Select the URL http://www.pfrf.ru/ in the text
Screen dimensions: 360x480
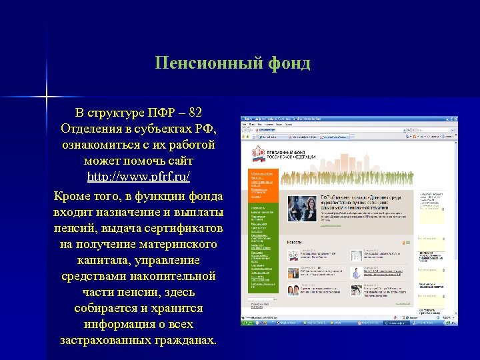point(139,177)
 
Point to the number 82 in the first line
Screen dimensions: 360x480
point(195,112)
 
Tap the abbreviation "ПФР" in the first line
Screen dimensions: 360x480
point(160,112)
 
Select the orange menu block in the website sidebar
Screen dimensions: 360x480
point(261,186)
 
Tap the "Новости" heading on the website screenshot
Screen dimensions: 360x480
point(293,242)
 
